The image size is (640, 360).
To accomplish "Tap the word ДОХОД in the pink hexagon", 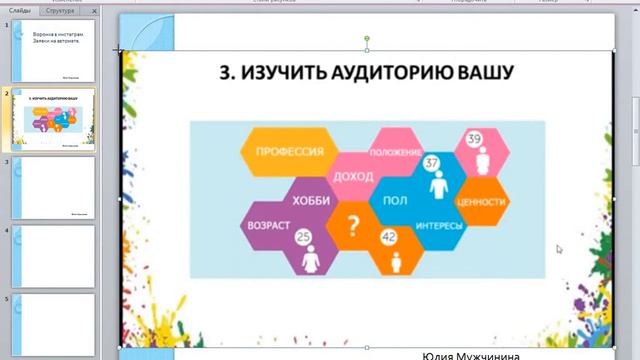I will click(x=353, y=176).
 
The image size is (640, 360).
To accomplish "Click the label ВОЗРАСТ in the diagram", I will click(x=268, y=226).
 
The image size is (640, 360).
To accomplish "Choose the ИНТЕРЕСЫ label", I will click(x=439, y=225).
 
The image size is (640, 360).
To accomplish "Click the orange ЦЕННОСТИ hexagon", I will click(x=481, y=201).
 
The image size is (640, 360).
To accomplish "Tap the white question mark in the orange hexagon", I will click(x=352, y=225).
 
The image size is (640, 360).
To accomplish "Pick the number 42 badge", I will click(x=389, y=237).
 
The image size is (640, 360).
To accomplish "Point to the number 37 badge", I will click(x=431, y=162).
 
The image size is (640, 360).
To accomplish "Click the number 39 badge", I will click(x=474, y=138).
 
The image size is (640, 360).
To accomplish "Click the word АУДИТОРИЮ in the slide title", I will click(x=395, y=73).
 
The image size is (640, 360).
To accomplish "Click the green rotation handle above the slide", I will click(x=367, y=39).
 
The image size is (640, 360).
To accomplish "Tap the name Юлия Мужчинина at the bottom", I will click(x=470, y=355).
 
